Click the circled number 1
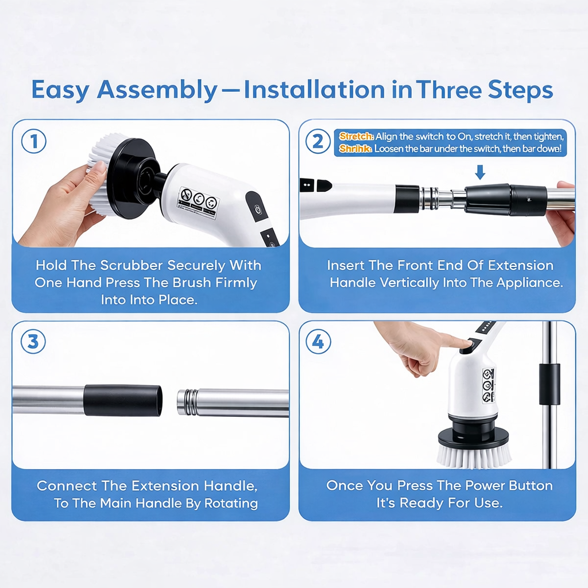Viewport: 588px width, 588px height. click(34, 142)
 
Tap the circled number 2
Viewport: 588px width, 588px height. click(318, 142)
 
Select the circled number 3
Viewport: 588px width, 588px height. click(34, 342)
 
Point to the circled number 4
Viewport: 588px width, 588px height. click(318, 342)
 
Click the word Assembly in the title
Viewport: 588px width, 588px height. click(157, 90)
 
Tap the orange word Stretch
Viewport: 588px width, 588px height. click(356, 137)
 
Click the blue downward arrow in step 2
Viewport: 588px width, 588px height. click(481, 172)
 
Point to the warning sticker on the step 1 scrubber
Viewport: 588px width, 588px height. click(198, 203)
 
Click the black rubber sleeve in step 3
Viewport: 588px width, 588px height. click(123, 400)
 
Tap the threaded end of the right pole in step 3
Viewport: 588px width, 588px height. click(187, 402)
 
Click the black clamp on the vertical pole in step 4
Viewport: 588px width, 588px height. click(549, 384)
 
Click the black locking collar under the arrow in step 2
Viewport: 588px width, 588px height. click(488, 200)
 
